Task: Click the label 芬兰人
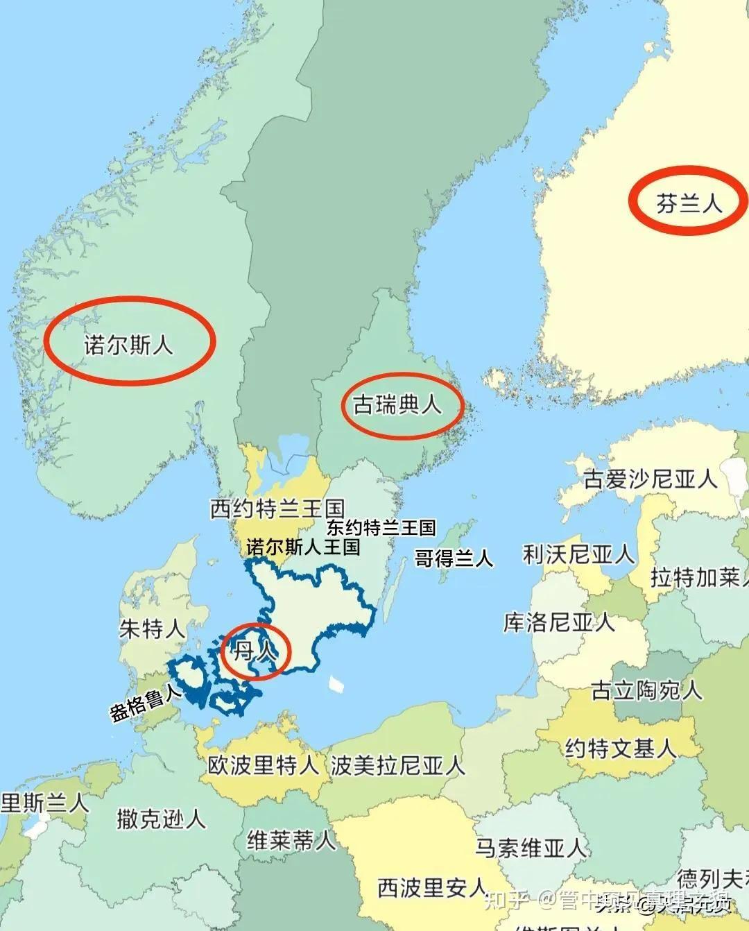pos(689,203)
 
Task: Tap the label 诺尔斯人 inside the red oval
pos(128,344)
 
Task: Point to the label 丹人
pos(254,651)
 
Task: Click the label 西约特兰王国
pos(277,509)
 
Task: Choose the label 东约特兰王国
pos(381,528)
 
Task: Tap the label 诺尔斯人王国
pos(303,547)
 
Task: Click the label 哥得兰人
pos(453,558)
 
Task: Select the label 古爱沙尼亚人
pos(650,479)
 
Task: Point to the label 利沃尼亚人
pos(578,554)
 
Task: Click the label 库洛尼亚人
pos(558,622)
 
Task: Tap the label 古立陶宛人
pos(646,690)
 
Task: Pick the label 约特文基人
pos(620,749)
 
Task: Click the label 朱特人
pos(152,629)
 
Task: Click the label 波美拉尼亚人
pos(397,765)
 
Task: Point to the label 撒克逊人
pos(161,819)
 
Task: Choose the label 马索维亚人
pos(531,847)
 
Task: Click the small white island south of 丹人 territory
pos(337,684)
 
